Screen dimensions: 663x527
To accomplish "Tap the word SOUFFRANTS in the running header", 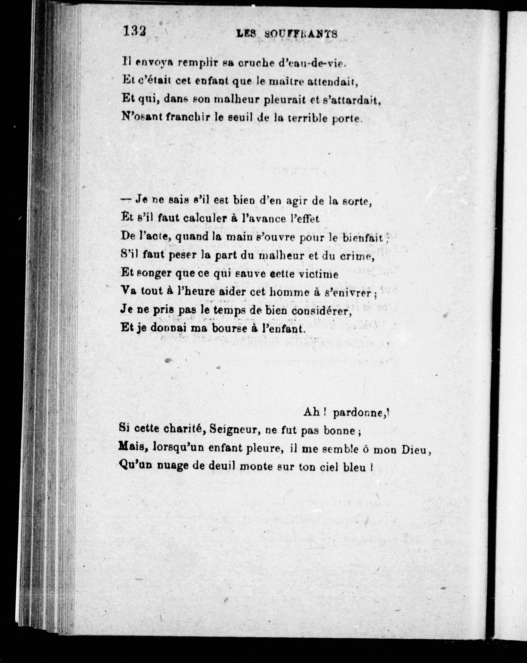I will tap(301, 34).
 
